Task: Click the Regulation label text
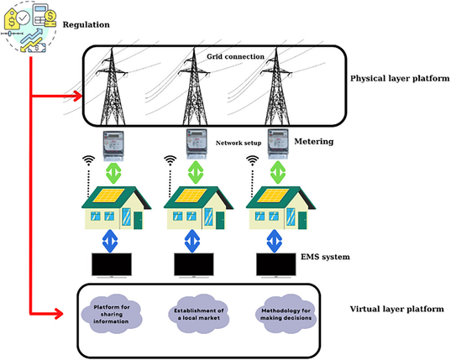click(x=86, y=24)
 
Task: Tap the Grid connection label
click(x=235, y=56)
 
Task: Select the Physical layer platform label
click(x=400, y=78)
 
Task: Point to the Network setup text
click(x=239, y=143)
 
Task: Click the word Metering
click(x=314, y=141)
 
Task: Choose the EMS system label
click(x=325, y=257)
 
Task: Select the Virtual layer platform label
click(x=397, y=309)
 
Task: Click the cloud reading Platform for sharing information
click(x=112, y=314)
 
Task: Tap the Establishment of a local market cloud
click(x=199, y=314)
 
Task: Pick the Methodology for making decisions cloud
click(x=286, y=314)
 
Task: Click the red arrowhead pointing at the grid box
click(x=77, y=96)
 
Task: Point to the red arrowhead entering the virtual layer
click(x=59, y=314)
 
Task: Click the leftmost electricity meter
click(x=113, y=145)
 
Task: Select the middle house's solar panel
click(x=191, y=196)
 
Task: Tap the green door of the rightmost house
click(x=302, y=220)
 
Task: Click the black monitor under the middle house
click(x=194, y=264)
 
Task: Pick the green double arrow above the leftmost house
click(x=113, y=173)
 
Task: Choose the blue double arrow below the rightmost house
click(x=275, y=241)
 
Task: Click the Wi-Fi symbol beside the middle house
click(x=170, y=160)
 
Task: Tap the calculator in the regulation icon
click(x=40, y=15)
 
